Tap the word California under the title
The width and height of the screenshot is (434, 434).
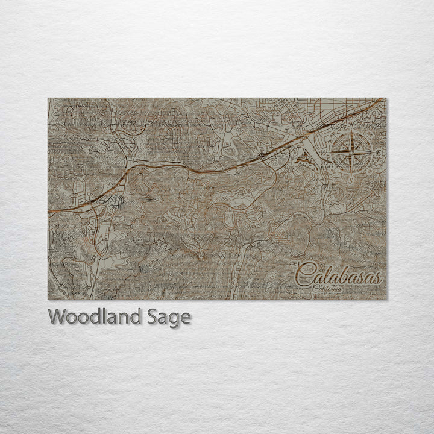(x=328, y=289)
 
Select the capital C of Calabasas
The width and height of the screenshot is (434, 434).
(x=305, y=274)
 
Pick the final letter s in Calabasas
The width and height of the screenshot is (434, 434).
(x=376, y=278)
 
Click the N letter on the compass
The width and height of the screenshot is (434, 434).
(x=351, y=124)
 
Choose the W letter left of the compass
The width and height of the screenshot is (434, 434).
(x=322, y=153)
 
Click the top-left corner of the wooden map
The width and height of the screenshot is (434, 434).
(x=48, y=98)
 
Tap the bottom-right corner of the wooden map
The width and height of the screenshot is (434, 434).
(x=386, y=299)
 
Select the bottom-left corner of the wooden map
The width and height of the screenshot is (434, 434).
(x=48, y=299)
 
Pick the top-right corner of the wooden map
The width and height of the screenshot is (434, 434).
(x=386, y=98)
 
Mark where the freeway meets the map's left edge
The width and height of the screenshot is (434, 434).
(x=49, y=212)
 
